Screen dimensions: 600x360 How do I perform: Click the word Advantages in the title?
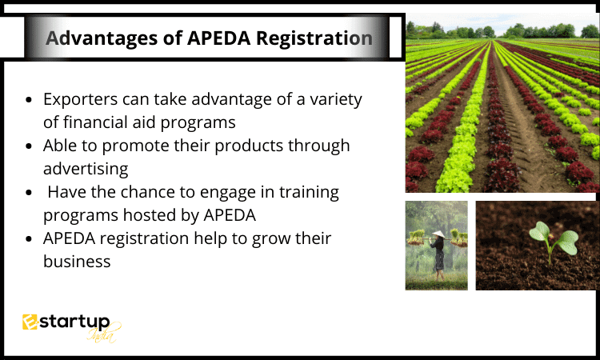click(x=102, y=39)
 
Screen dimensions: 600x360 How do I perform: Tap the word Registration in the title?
click(x=314, y=39)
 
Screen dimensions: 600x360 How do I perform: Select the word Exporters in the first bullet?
click(x=80, y=100)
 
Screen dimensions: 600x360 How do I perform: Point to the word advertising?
click(x=86, y=169)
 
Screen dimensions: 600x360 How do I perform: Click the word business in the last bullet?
click(x=77, y=262)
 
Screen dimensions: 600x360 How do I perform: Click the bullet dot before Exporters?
click(x=29, y=100)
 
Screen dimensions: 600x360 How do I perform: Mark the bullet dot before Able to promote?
click(x=29, y=146)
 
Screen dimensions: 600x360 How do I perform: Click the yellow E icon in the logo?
click(x=30, y=322)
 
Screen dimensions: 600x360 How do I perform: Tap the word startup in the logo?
click(x=74, y=322)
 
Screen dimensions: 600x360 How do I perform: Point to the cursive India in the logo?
click(x=102, y=334)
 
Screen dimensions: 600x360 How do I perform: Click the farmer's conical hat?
click(x=439, y=234)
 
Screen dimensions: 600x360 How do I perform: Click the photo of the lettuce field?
click(x=502, y=102)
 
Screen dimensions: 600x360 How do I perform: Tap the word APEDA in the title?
click(x=218, y=39)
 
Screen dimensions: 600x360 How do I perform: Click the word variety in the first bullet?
click(x=335, y=100)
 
